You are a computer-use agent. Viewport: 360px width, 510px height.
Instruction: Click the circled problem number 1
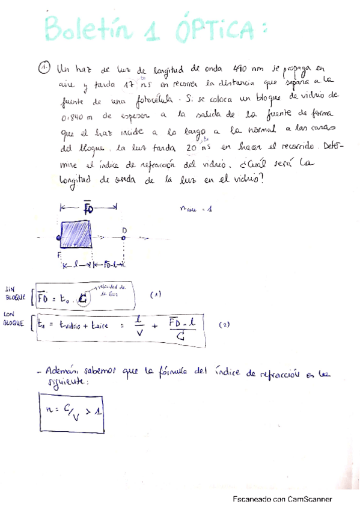[x=46, y=68]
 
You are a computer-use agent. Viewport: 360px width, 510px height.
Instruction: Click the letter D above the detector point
[x=125, y=230]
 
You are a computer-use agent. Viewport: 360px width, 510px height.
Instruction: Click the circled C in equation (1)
[x=83, y=299]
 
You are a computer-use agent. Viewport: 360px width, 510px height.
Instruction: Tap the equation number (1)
[x=155, y=294]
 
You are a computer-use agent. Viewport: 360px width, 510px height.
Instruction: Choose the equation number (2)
[x=224, y=325]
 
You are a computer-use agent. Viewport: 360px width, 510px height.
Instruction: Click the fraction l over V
[x=139, y=327]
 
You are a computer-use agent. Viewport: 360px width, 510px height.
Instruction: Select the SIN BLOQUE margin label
[x=15, y=293]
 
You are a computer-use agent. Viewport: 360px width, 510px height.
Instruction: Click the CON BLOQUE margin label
[x=15, y=319]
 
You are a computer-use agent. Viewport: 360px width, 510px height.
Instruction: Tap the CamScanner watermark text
[x=282, y=499]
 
